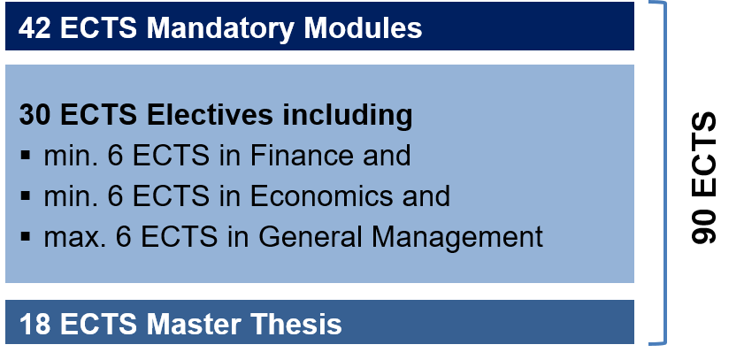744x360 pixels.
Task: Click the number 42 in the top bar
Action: coord(35,28)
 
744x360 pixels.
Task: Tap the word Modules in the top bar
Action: coord(363,28)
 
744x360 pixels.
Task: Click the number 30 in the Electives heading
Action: coord(35,115)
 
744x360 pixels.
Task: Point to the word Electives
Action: coord(210,115)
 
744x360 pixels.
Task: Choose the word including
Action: coord(348,117)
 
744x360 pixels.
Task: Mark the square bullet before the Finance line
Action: coord(26,155)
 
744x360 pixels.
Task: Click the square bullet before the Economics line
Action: coord(26,195)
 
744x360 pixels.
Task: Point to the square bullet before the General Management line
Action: coord(26,236)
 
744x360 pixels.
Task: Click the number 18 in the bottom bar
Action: coord(35,325)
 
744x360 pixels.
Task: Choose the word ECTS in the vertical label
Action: coord(704,155)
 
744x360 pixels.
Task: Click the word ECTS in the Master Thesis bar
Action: coord(99,325)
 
